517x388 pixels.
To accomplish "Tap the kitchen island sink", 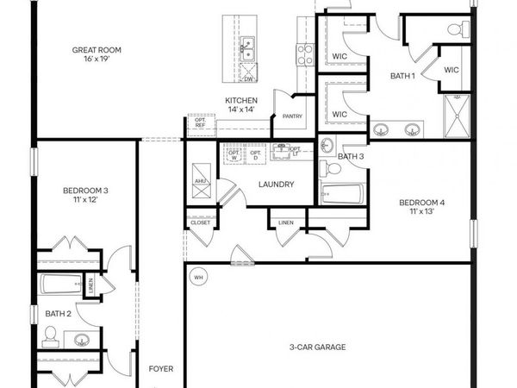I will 247,48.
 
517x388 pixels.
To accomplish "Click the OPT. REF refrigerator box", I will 200,122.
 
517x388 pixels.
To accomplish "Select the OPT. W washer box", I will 232,155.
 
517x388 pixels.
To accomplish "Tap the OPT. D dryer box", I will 255,155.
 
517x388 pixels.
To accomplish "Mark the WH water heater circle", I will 199,278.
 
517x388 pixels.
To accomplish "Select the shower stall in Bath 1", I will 458,116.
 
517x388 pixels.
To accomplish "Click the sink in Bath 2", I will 83,339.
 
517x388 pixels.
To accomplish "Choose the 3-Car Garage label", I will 317,347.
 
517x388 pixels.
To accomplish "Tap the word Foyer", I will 161,369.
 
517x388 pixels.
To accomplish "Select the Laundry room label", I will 277,185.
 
